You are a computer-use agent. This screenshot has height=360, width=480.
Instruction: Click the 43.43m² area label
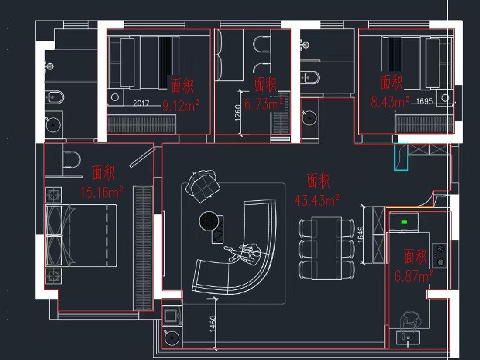point(317,200)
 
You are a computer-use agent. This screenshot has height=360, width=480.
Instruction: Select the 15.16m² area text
point(102,192)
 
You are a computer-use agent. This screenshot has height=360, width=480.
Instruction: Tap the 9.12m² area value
point(181,106)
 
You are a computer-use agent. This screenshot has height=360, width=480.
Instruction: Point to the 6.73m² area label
point(263,104)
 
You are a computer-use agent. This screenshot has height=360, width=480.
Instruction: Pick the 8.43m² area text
point(390,102)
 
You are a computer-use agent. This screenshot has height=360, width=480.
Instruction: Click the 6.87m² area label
point(414,276)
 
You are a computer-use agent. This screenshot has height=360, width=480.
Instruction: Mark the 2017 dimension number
point(141,103)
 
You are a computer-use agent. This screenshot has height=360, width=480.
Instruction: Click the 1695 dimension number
point(424,100)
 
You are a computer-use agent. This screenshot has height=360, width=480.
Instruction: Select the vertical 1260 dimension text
point(238,112)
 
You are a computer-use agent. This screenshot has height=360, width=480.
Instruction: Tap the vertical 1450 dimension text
point(213,323)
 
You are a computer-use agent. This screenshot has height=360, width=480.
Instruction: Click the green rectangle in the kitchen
point(404,222)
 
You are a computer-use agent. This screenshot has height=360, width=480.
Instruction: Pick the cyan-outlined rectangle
point(401,157)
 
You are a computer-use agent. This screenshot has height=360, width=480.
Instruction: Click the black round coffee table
point(209,221)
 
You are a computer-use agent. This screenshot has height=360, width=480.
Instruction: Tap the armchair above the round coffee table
point(203,186)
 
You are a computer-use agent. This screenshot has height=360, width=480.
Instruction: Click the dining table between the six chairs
point(327,248)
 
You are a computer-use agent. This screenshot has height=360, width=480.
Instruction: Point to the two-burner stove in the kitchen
point(440,255)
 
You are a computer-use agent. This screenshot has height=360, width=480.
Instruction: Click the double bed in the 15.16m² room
point(81,235)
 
